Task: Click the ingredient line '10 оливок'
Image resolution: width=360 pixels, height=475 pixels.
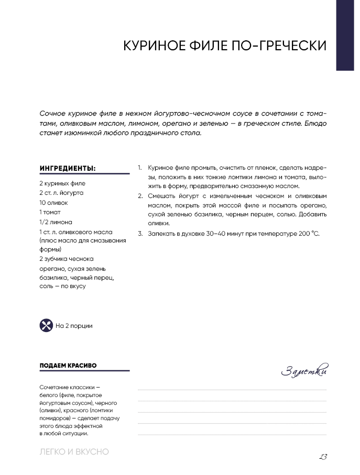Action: coord(53,203)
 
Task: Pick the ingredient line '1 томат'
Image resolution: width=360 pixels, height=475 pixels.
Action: coord(50,212)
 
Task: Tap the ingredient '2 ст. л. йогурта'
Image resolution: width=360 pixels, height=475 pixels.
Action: coord(61,193)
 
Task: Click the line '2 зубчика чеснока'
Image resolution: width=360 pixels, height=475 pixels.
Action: coord(66,259)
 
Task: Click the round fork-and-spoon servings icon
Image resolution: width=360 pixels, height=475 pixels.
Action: coord(46,325)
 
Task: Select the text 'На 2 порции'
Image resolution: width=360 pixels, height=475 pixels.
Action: coord(74,326)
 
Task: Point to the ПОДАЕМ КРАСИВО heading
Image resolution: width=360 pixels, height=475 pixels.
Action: coord(68,365)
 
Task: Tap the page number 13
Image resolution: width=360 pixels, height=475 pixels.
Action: coord(323,456)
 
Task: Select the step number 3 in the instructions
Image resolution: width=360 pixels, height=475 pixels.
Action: coord(140,234)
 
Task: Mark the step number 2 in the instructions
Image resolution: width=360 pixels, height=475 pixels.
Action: coord(140,196)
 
